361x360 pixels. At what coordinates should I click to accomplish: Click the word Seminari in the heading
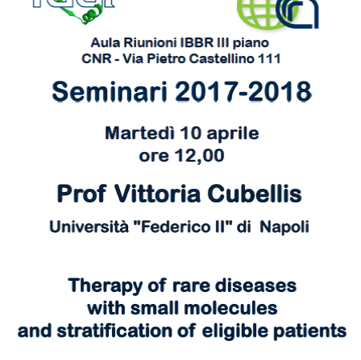click(110, 92)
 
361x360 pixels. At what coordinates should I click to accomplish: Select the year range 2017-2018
click(243, 92)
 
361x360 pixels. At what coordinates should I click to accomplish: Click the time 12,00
click(199, 156)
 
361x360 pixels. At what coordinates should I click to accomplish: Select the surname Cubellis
click(255, 194)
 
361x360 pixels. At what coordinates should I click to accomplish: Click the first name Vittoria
click(158, 194)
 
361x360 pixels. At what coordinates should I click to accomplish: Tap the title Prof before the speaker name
click(82, 194)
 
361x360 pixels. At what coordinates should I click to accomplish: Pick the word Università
click(89, 227)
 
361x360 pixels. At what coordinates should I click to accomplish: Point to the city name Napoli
click(284, 228)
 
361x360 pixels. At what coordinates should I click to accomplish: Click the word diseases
click(256, 286)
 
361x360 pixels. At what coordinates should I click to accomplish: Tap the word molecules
click(231, 309)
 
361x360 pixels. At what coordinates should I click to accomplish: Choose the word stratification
click(114, 331)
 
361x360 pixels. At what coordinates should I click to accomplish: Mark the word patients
click(310, 332)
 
